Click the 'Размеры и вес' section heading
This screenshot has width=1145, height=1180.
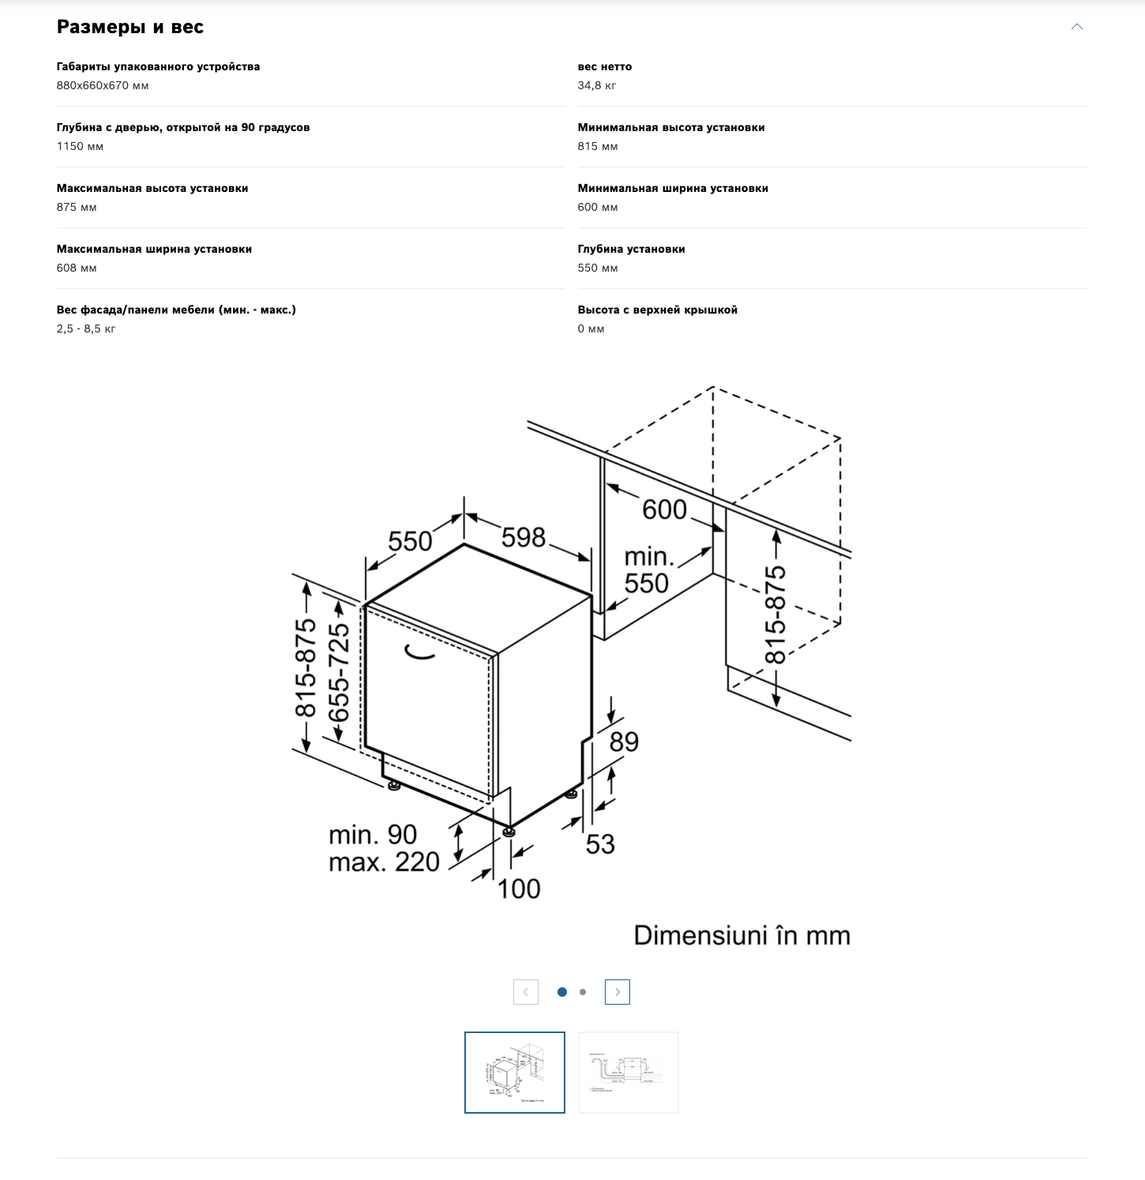[130, 27]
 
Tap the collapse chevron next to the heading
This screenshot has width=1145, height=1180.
[1076, 27]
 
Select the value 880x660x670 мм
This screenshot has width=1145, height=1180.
[103, 85]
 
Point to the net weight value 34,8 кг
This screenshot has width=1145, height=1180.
[597, 85]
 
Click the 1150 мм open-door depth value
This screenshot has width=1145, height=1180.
[80, 146]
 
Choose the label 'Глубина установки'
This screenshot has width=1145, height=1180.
[631, 249]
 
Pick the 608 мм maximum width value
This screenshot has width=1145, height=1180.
[77, 268]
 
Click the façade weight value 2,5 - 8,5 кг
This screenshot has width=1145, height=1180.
[86, 329]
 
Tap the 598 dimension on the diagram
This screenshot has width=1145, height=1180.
[524, 538]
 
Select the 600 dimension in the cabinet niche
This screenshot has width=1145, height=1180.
[664, 509]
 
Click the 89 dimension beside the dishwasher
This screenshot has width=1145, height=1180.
[624, 742]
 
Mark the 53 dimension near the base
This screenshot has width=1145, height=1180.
[600, 844]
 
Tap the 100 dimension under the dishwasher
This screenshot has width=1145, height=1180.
[519, 889]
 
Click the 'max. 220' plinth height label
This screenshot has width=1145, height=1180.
[384, 862]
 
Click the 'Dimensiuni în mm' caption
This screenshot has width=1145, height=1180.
[741, 936]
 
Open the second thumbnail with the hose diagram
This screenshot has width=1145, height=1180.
[628, 1072]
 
